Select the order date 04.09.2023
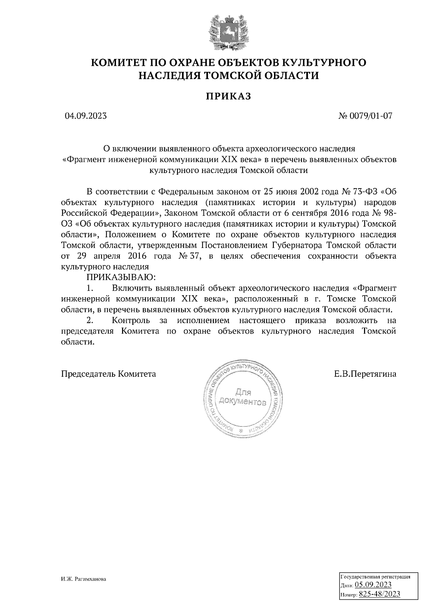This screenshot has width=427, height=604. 85,116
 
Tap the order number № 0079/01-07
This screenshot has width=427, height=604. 366,116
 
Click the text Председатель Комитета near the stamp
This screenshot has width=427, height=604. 109,374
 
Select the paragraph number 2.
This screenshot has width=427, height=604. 90,320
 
